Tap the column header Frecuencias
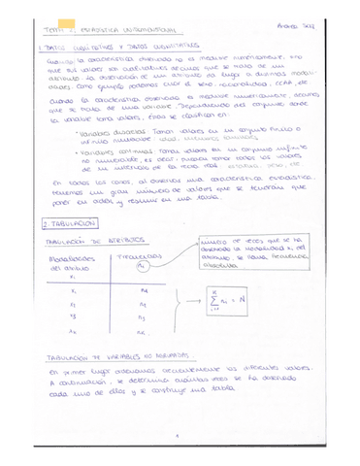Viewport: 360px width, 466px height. [x=141, y=261]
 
